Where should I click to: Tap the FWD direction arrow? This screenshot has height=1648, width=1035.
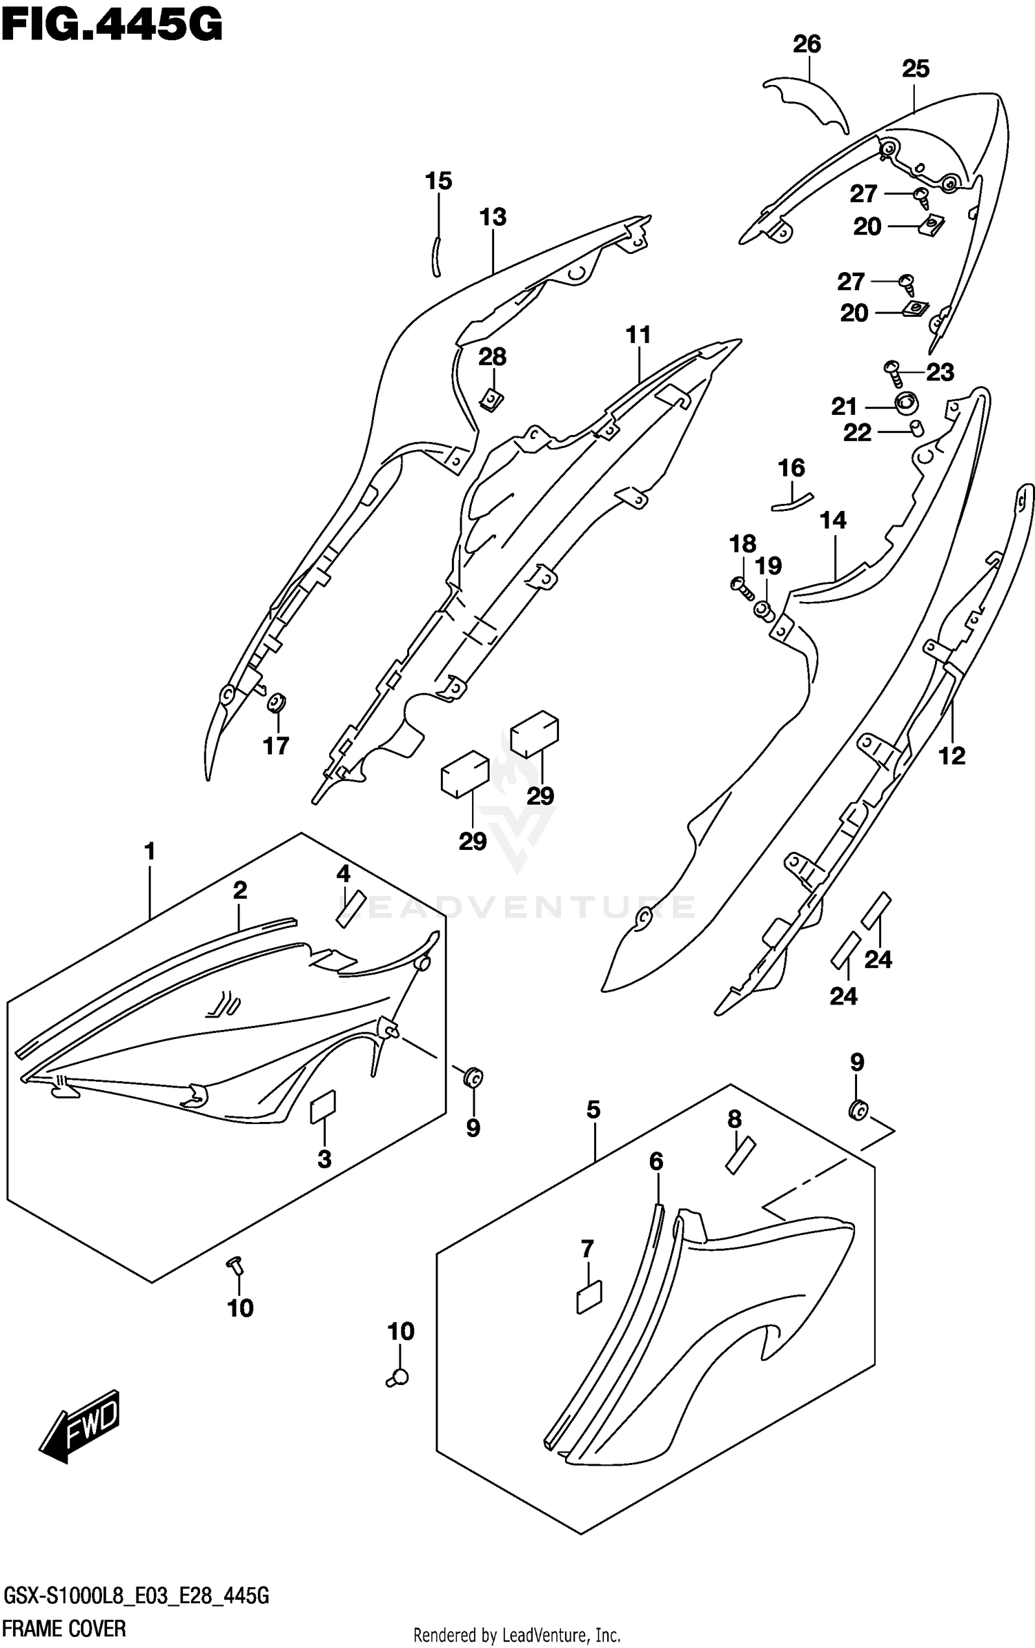coord(81,1424)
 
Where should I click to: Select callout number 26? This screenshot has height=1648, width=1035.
coord(807,45)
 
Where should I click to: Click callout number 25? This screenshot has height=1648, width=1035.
coord(916,69)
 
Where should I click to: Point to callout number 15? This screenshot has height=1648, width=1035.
coord(438,182)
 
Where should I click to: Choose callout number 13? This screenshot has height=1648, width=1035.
coord(493,217)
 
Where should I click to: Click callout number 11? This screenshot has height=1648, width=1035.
coord(638,336)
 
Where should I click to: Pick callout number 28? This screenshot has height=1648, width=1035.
coord(493,358)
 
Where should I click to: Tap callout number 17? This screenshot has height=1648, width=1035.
coord(276,746)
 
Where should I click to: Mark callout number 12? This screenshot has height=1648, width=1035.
coord(952,756)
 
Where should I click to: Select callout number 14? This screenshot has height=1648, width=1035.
coord(833,521)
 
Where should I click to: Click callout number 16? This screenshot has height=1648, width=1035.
coord(791,469)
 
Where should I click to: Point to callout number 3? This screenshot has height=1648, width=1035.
coord(324,1159)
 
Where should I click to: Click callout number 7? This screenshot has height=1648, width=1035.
coord(586,1249)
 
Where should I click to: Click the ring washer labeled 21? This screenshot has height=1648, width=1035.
coord(907,401)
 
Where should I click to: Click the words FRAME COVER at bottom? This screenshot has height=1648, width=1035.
coord(65,1629)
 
